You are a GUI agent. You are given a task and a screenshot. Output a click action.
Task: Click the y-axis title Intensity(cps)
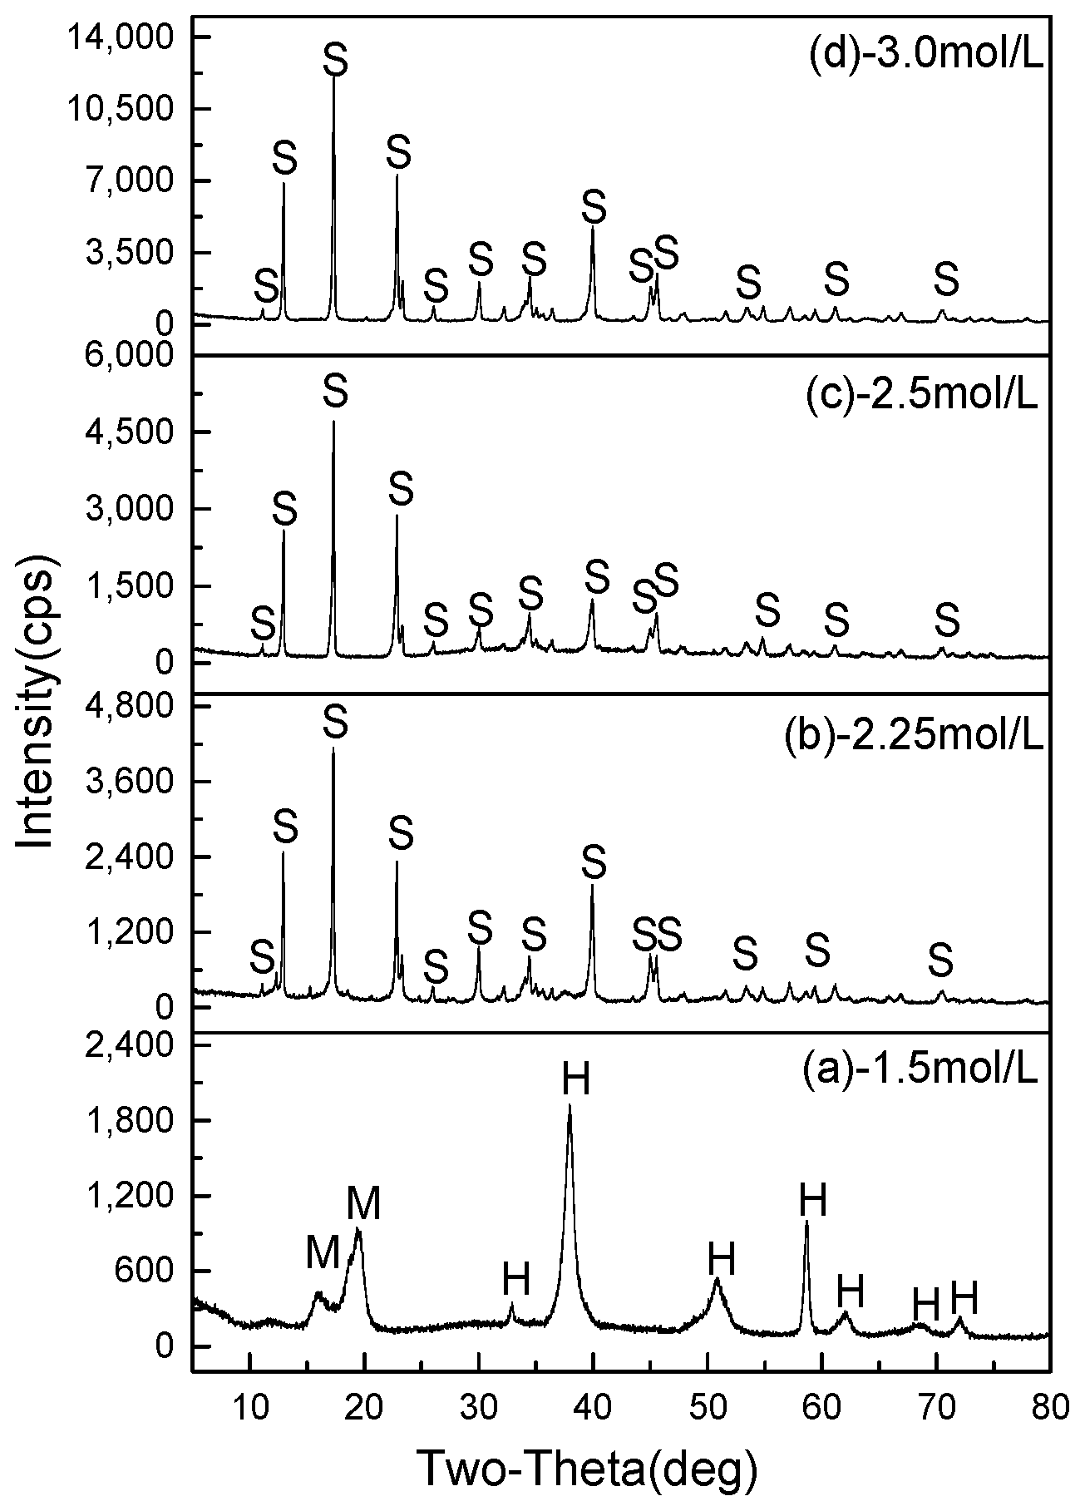(37, 703)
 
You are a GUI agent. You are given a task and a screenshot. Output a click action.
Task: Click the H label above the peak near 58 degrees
(812, 1202)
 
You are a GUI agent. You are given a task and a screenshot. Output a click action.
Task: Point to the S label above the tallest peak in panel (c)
(335, 391)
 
